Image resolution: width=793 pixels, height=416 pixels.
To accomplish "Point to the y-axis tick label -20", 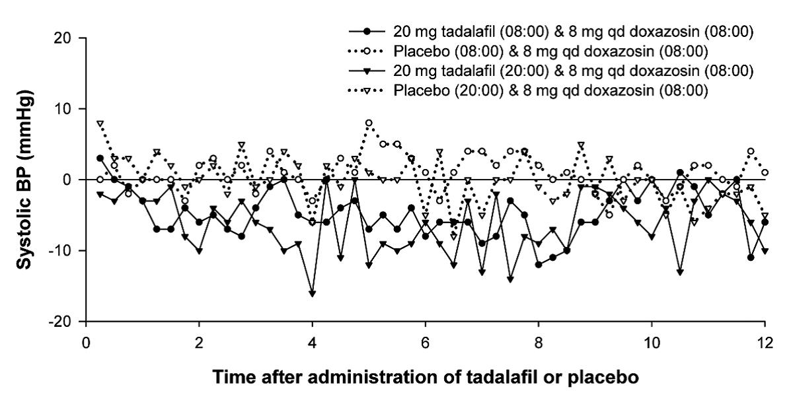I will [x=62, y=322].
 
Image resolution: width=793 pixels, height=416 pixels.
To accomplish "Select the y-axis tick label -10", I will [x=62, y=251].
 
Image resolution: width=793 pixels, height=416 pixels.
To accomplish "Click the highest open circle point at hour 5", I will [x=369, y=123].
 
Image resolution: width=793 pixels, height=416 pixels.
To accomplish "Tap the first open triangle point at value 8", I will [x=100, y=123].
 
